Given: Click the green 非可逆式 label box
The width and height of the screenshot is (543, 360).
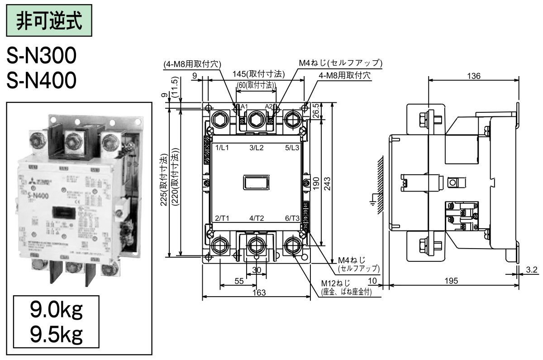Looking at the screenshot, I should [x=49, y=21].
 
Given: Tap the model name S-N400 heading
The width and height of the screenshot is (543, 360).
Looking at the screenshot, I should [x=41, y=81].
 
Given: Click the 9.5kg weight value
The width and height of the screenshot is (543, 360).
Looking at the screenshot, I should [x=56, y=335].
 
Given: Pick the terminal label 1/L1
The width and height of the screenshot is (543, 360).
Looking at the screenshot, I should [x=222, y=148].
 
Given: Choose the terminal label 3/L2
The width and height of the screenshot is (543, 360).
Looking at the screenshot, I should [x=256, y=148].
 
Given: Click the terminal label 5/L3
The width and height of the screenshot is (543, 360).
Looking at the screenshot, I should [x=292, y=148].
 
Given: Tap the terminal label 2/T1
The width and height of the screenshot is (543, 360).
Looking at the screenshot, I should [x=222, y=218].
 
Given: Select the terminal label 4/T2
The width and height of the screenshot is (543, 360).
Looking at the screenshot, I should [x=257, y=218].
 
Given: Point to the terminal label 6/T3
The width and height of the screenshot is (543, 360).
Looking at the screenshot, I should [x=292, y=218].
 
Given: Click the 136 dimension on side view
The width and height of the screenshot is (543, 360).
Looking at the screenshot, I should [x=473, y=76].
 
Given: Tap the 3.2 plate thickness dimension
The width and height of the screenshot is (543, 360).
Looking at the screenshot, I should [x=532, y=270].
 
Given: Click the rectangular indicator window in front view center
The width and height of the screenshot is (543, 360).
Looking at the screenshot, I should [x=256, y=182].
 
